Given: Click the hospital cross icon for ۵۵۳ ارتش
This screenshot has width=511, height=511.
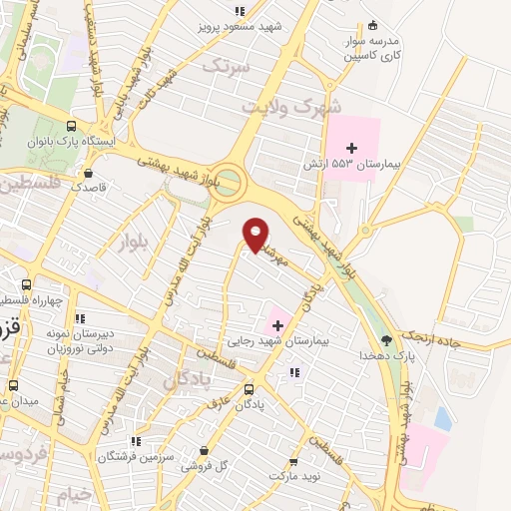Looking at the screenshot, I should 351,149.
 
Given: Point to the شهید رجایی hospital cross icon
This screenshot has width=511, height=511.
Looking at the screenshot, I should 277,323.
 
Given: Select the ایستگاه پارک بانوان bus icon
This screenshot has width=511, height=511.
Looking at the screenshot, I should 70,126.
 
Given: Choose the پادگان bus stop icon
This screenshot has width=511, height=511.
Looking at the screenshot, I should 249,390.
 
